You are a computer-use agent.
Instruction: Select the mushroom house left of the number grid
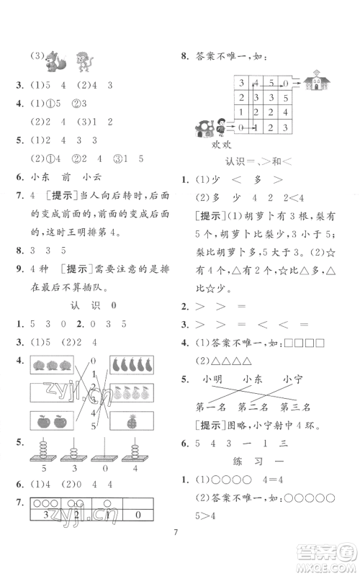click(x=202, y=128)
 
